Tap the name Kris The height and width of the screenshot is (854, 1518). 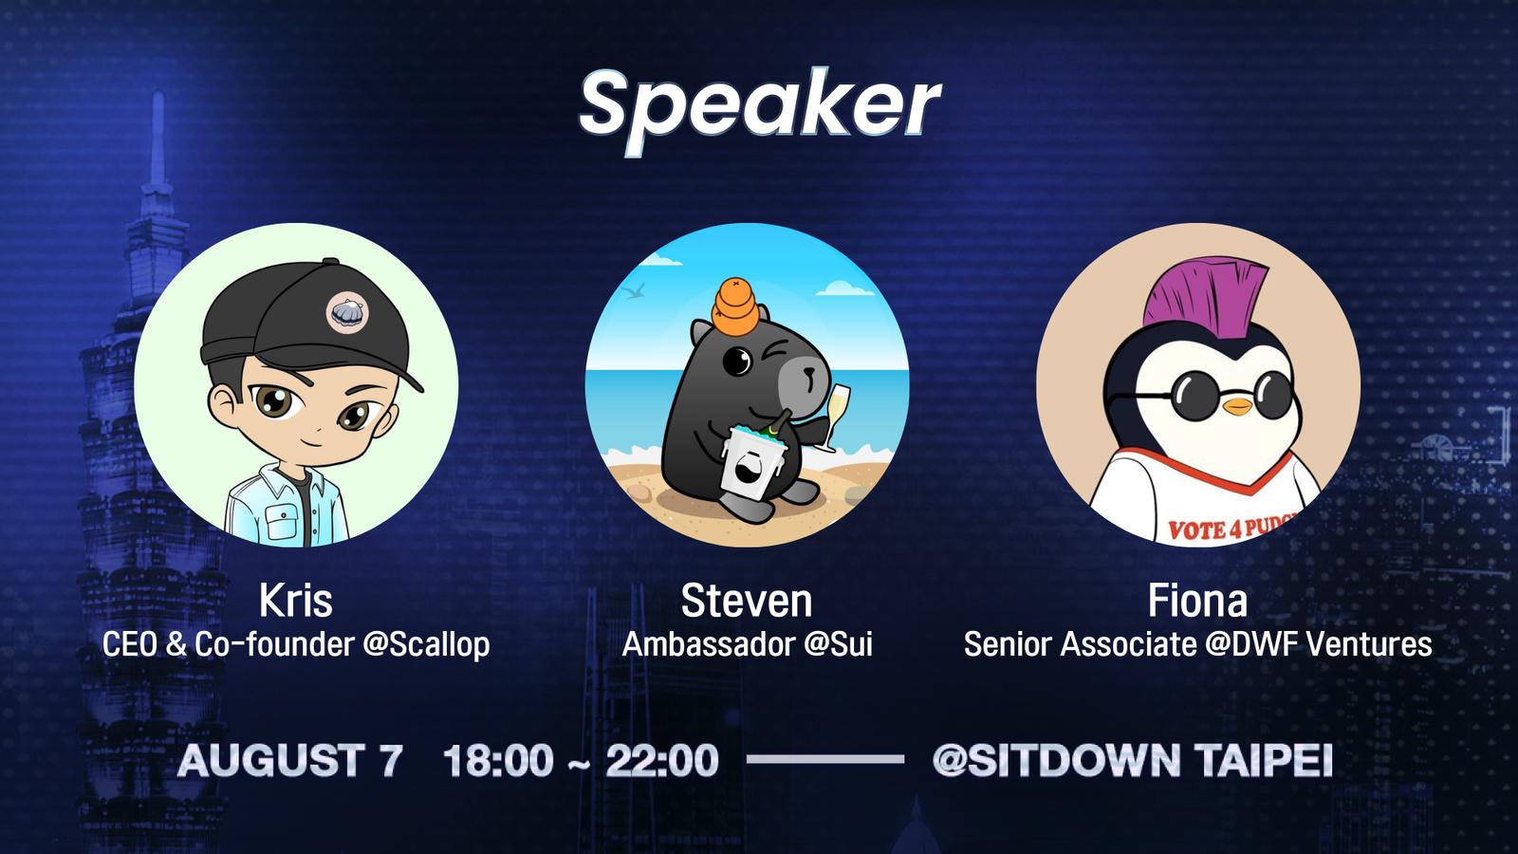click(295, 601)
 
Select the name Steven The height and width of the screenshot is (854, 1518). click(746, 601)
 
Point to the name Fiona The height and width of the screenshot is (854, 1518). click(1197, 601)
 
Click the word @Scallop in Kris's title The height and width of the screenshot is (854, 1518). click(426, 644)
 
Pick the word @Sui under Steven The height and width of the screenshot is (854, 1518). click(839, 644)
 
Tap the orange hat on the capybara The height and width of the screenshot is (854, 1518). click(736, 307)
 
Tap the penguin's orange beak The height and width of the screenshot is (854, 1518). click(1238, 406)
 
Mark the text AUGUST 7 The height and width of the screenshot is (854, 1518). click(290, 760)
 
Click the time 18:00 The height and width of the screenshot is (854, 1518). click(498, 760)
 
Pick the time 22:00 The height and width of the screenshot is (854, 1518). click(662, 760)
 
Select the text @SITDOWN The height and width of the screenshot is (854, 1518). click(1055, 760)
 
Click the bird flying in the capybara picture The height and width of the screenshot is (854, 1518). click(636, 293)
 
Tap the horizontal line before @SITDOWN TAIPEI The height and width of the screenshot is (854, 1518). click(825, 760)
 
